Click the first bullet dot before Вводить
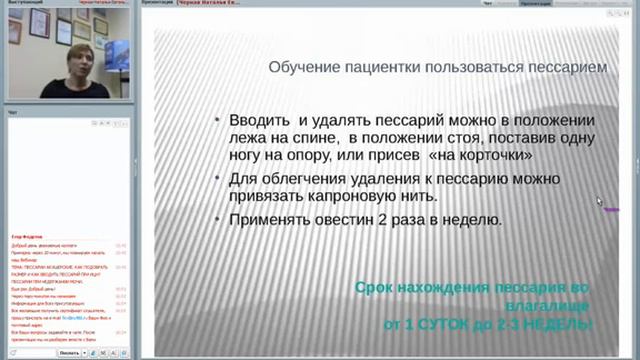point(219,120)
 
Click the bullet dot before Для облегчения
point(219,180)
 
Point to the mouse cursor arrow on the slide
point(600,202)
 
